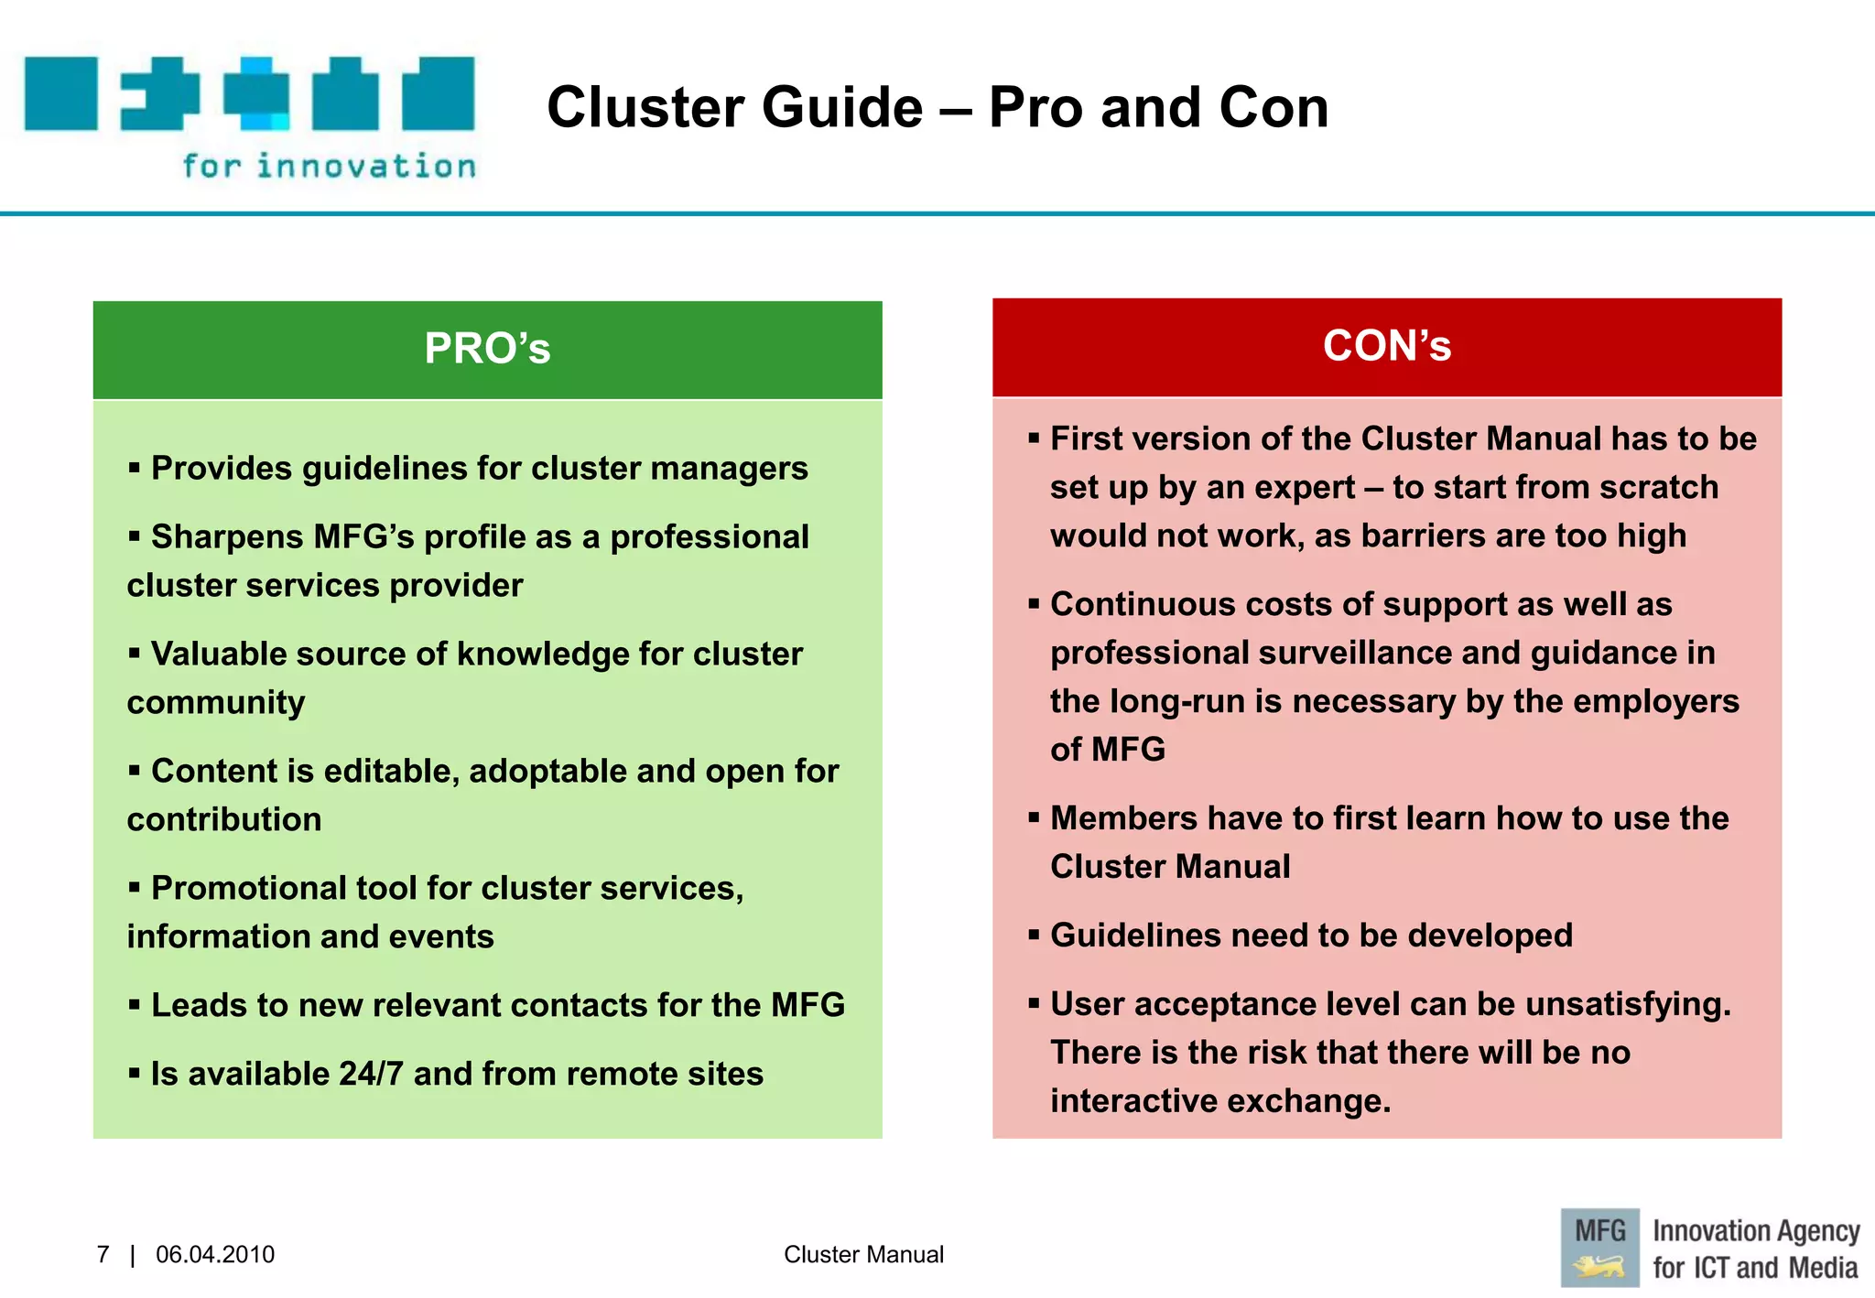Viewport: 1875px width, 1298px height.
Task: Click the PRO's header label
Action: tap(487, 349)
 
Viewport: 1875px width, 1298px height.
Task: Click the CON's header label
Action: tap(1386, 346)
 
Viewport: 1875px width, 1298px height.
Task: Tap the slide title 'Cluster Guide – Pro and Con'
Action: tap(937, 107)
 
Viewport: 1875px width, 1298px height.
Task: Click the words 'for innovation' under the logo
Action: tap(330, 167)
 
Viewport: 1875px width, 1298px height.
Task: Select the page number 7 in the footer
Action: tap(103, 1254)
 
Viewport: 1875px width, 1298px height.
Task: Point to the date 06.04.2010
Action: tap(215, 1254)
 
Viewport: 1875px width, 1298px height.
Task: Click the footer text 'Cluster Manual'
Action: tap(863, 1254)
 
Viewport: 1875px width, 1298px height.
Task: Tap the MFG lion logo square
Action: tap(1599, 1248)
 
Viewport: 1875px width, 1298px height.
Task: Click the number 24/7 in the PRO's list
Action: tap(371, 1074)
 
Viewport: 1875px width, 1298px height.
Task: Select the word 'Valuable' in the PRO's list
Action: tap(219, 654)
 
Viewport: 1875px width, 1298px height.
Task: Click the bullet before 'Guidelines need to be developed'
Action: tap(1034, 936)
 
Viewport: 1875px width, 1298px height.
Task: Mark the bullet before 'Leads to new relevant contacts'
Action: tap(135, 1005)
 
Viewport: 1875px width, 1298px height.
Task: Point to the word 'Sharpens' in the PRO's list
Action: tap(227, 537)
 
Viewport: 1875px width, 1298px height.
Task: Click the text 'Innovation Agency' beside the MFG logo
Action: tap(1756, 1232)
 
